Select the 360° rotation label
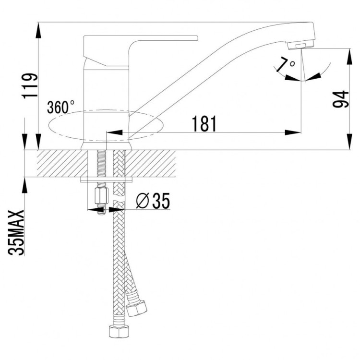[61, 107]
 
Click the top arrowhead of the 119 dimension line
[37, 28]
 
